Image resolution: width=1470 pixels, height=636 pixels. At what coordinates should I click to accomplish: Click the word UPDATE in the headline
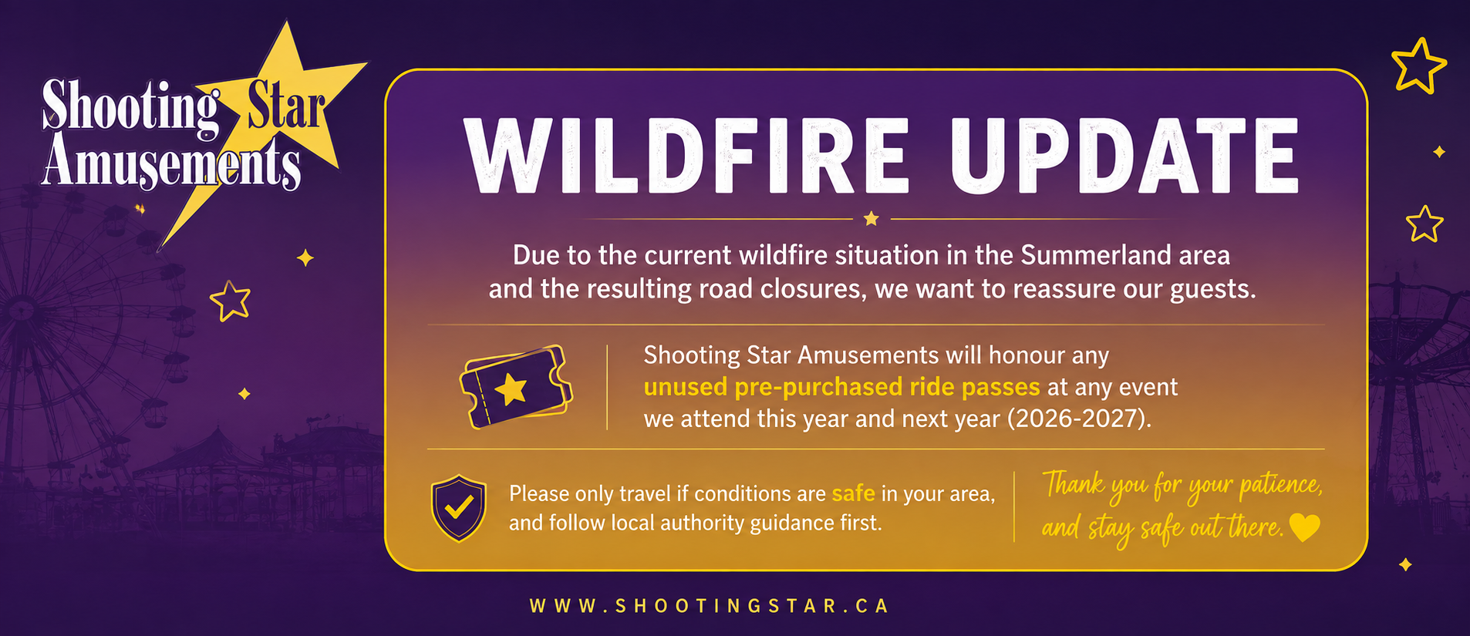[x=1125, y=156]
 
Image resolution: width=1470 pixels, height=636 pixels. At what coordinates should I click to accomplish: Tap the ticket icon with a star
[x=516, y=386]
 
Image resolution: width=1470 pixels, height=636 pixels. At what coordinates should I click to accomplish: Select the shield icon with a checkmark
[x=459, y=508]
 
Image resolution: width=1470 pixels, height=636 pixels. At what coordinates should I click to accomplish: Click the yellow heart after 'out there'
[x=1305, y=528]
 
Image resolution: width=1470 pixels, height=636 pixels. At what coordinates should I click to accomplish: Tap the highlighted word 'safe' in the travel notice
[x=853, y=493]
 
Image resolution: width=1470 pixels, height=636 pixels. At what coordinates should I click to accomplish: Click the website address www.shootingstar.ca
[x=710, y=606]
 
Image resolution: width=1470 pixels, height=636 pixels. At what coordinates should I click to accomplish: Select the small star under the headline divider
[x=872, y=219]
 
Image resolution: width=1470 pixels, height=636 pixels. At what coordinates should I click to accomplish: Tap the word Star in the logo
[x=286, y=108]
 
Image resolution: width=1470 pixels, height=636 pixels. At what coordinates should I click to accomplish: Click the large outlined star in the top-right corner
[x=1418, y=66]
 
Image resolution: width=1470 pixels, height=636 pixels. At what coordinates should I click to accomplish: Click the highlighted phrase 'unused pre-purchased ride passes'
[x=841, y=387]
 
